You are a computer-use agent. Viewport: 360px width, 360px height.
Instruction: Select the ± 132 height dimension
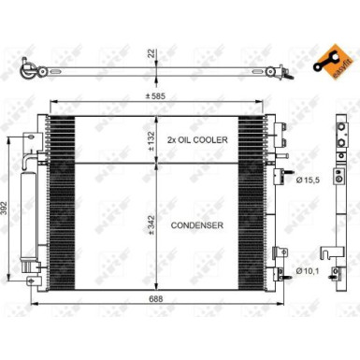click(151, 138)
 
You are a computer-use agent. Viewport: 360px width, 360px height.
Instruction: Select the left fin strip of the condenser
click(63, 196)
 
